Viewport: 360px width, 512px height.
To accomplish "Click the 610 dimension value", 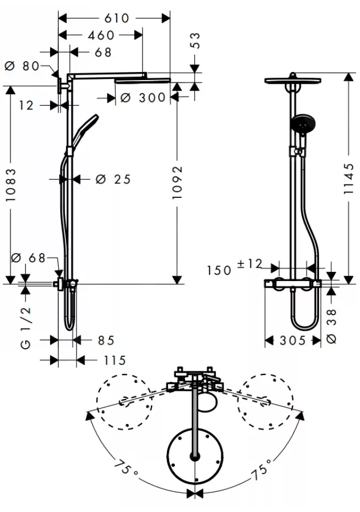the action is tap(117, 18).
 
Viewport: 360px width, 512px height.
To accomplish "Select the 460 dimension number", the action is tap(101, 35).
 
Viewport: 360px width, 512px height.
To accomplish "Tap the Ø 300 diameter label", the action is tap(143, 98).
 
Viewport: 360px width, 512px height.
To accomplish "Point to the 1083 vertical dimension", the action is tap(11, 185).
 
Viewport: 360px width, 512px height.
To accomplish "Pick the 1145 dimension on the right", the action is tap(349, 179).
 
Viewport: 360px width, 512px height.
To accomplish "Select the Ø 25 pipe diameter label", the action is tap(114, 179).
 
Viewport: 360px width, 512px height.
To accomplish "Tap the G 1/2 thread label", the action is tap(26, 328).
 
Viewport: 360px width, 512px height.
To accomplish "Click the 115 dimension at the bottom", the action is tap(115, 361).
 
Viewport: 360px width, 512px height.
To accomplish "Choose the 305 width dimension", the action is tap(293, 341).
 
